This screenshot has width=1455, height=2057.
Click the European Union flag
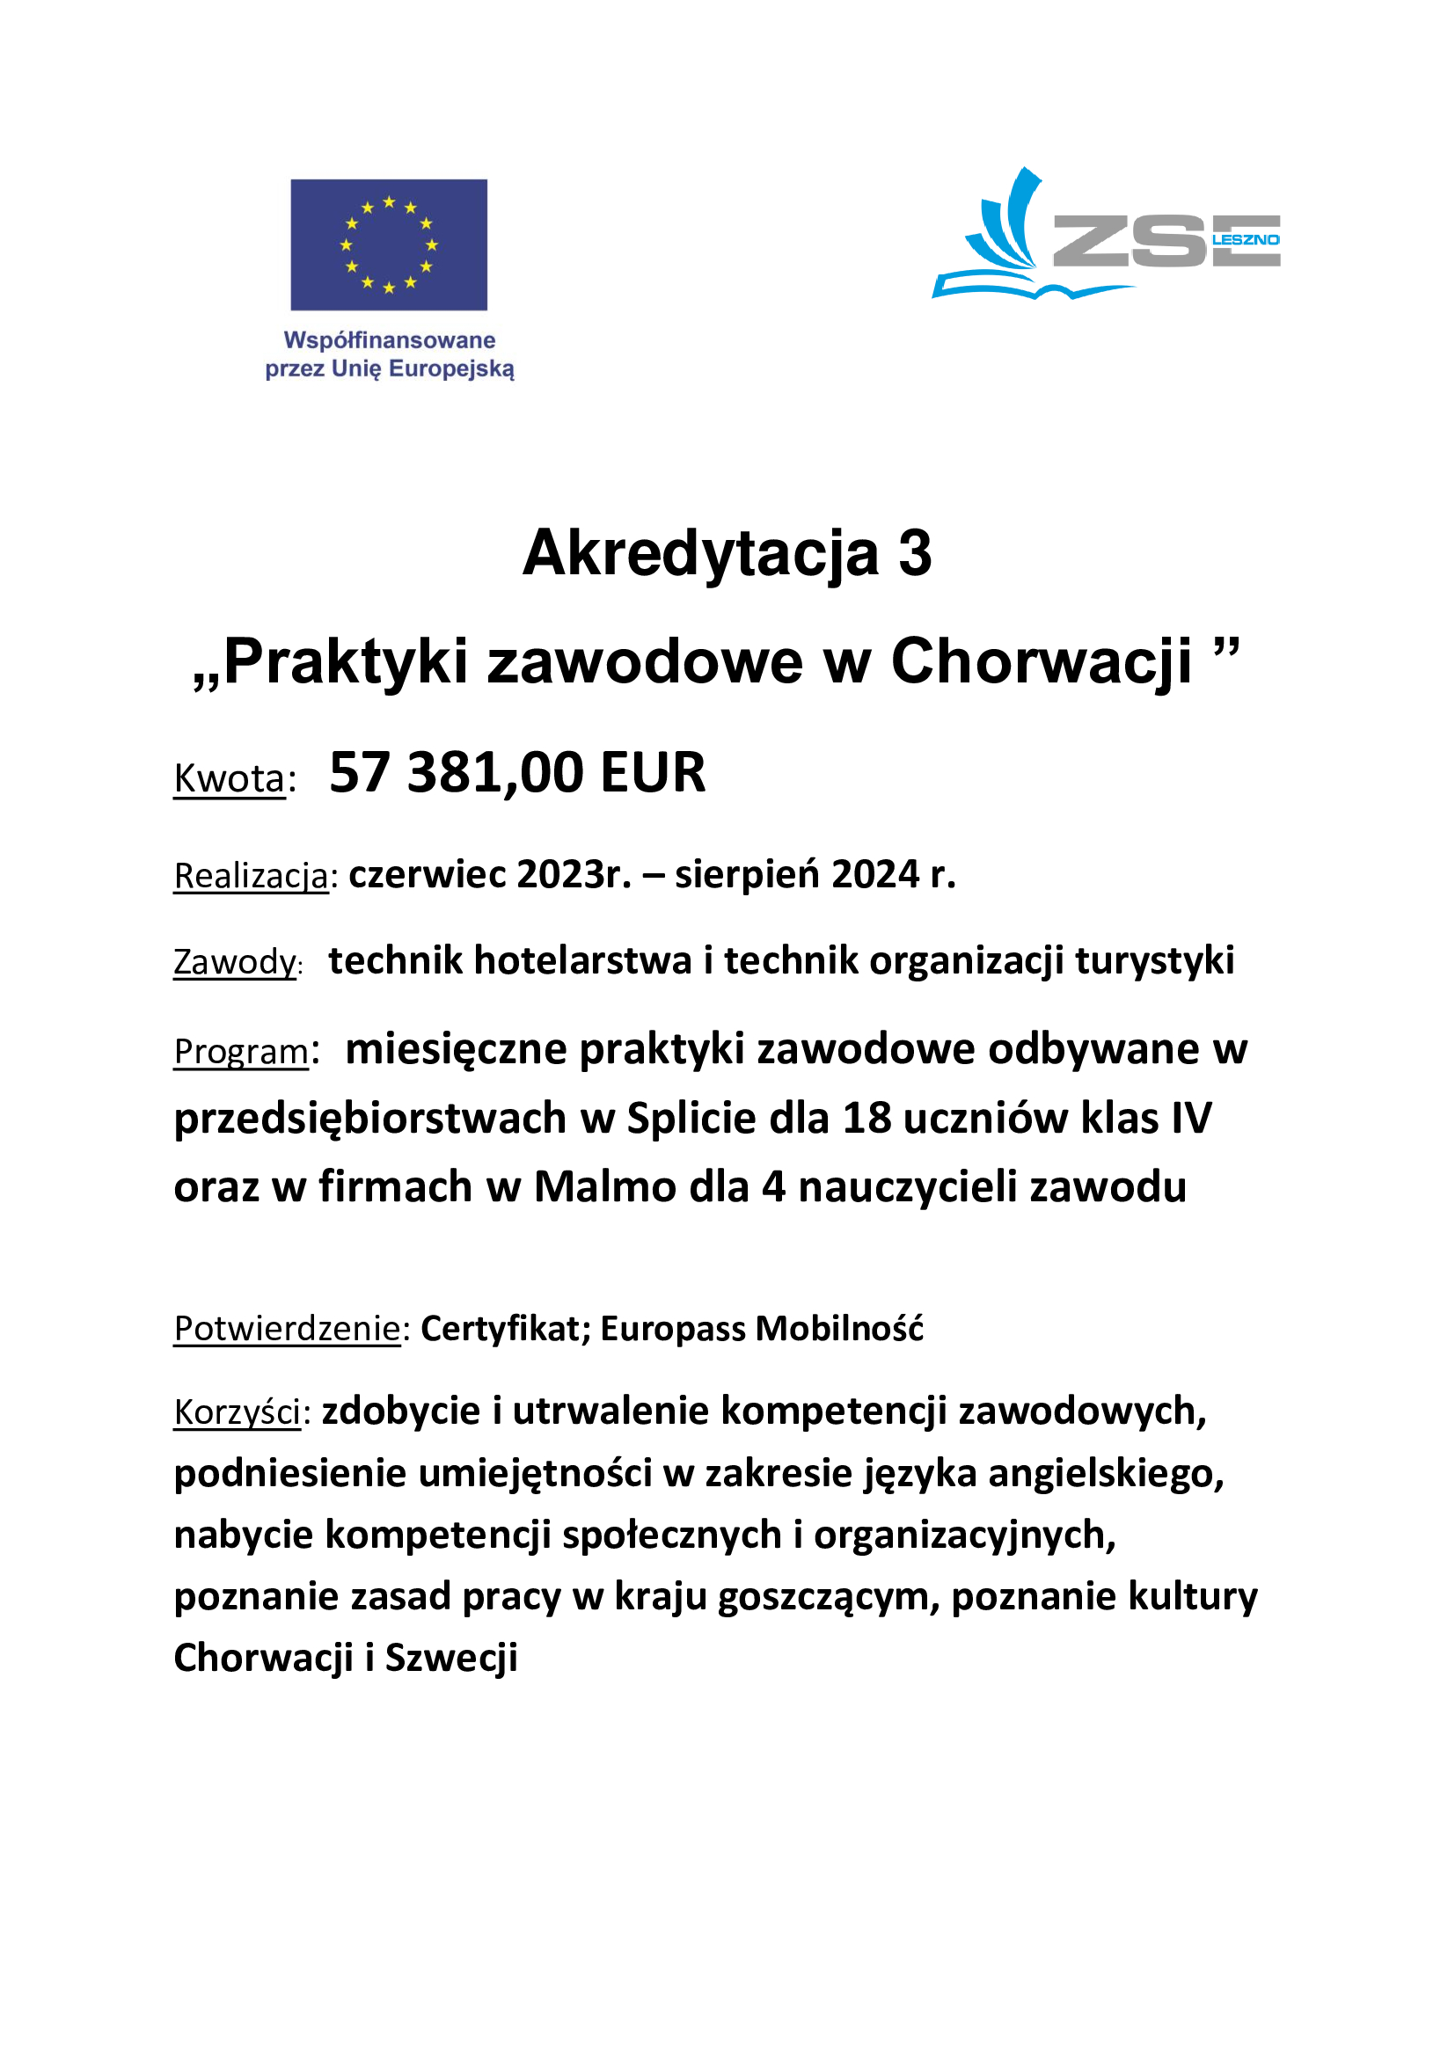point(389,244)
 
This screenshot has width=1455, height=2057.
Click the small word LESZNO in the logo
point(1246,240)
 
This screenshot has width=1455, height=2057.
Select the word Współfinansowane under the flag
point(390,340)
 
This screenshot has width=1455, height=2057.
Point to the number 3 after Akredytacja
point(915,553)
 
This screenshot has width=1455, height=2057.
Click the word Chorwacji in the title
point(1041,662)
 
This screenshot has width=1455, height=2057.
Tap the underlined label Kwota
point(230,777)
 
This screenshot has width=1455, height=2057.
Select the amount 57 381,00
point(456,772)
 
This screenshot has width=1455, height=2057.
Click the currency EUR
point(653,772)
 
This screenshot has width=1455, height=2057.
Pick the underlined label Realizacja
point(252,875)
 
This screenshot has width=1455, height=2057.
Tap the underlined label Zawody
point(235,962)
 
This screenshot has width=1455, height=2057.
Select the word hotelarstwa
point(581,960)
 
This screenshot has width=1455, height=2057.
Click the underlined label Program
point(241,1051)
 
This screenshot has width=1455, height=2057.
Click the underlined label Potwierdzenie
point(287,1329)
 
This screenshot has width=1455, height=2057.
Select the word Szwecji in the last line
point(451,1659)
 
